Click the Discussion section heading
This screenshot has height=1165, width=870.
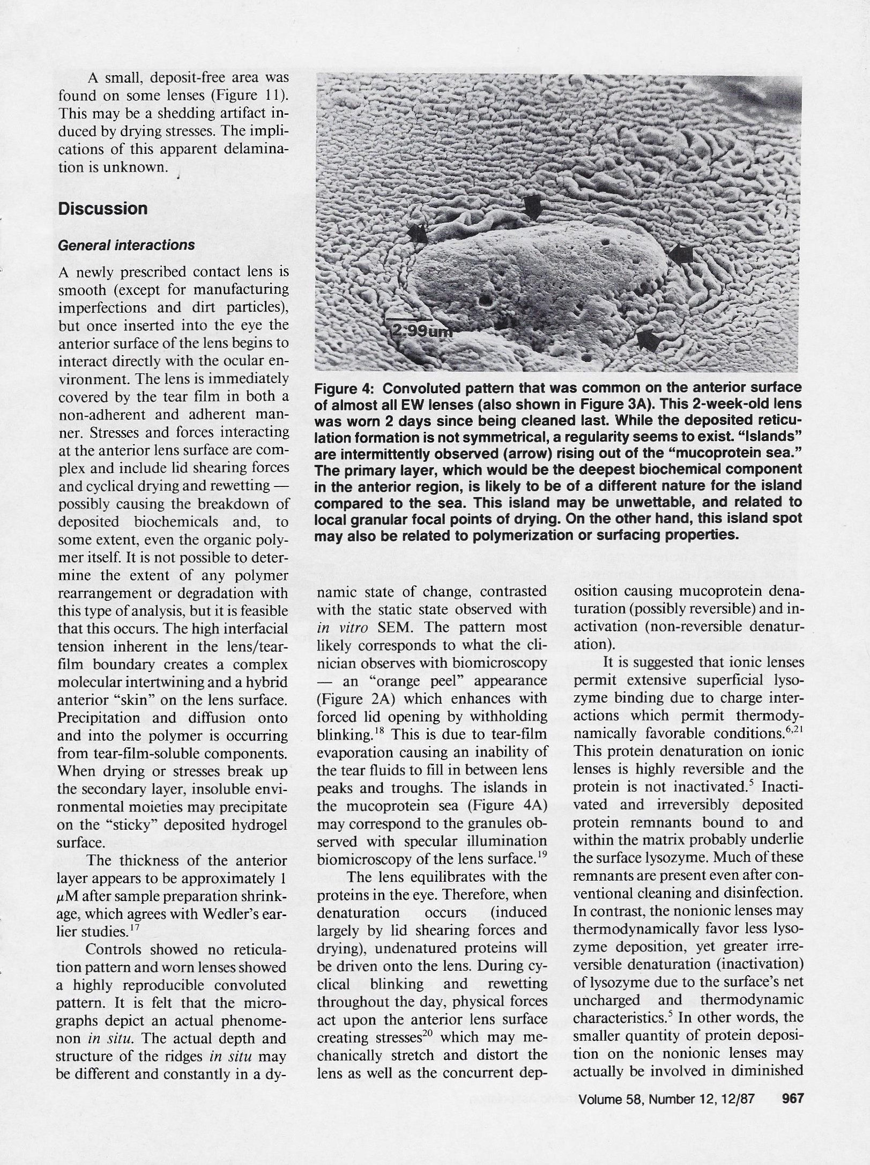(x=102, y=209)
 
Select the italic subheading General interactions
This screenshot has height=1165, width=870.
(x=126, y=245)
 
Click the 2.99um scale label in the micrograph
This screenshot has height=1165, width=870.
(x=419, y=330)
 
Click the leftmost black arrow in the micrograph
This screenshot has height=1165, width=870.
(x=418, y=233)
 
